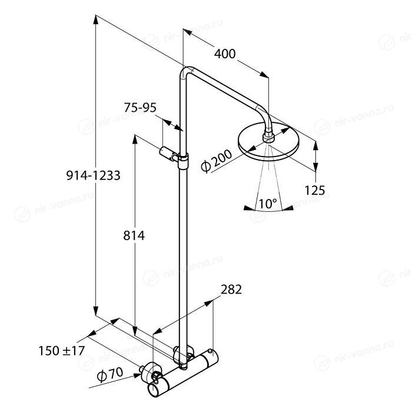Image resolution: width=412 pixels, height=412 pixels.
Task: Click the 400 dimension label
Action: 225,54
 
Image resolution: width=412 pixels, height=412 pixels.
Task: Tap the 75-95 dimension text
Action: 140,108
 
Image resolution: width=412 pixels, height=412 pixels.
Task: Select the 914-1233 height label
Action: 93,175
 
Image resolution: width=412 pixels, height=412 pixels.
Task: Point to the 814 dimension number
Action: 134,235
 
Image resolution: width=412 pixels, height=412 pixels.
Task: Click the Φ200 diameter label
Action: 216,161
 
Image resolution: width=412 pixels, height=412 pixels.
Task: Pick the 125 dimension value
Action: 314,190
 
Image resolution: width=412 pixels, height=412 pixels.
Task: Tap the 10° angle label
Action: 268,204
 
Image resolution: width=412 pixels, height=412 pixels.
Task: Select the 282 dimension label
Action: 231,290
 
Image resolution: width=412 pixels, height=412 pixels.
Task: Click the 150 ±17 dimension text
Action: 61,351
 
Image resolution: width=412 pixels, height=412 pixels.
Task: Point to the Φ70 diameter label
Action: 110,374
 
